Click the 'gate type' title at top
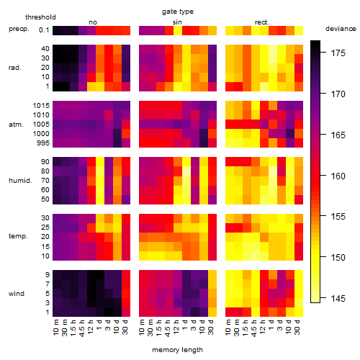(x=178, y=12)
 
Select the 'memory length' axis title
(x=177, y=350)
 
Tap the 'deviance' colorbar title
(x=341, y=29)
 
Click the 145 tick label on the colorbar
(x=338, y=299)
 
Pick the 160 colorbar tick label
(x=338, y=176)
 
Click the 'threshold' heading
(x=40, y=17)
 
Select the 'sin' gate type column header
(x=177, y=22)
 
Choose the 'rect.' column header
(x=261, y=22)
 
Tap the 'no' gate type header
(x=93, y=22)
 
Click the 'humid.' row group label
(x=20, y=181)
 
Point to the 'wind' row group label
(x=17, y=294)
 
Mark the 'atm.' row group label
(x=16, y=125)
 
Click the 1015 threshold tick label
(x=41, y=106)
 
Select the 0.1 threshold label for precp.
(x=44, y=30)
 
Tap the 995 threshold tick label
(x=43, y=143)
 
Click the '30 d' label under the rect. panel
(x=297, y=327)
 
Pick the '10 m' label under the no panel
(x=55, y=327)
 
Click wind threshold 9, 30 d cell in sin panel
(x=212, y=274)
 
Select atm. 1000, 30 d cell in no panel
(x=126, y=133)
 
